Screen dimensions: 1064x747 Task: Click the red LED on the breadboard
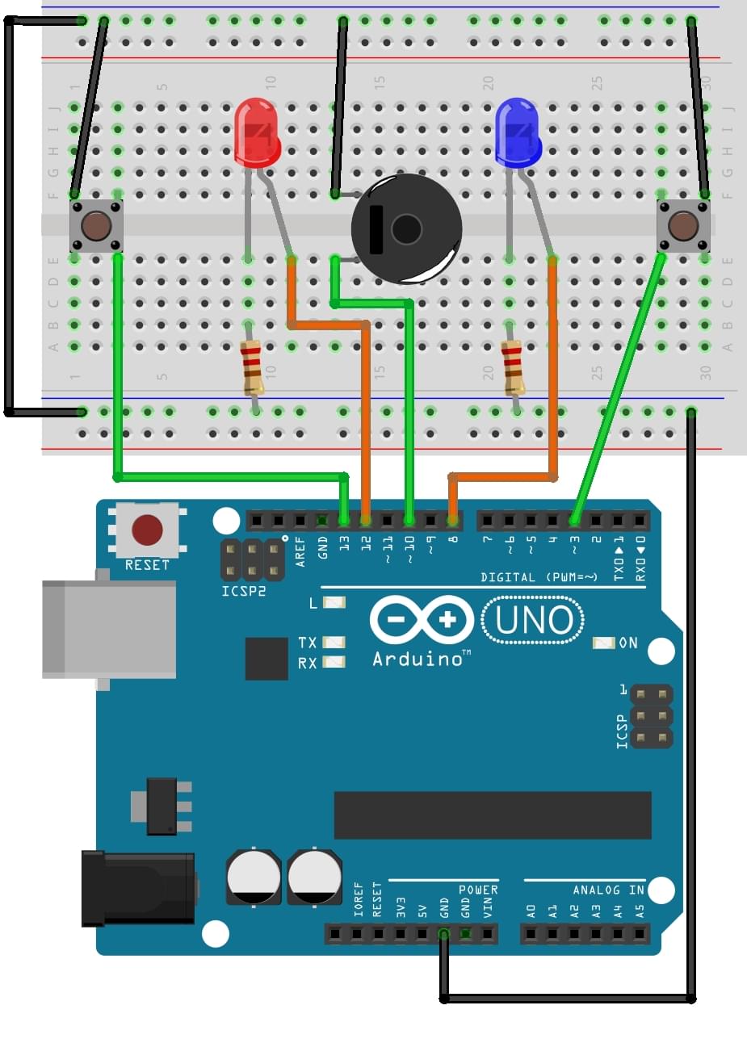[257, 132]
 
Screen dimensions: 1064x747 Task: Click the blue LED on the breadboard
[517, 132]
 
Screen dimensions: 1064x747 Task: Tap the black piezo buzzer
[406, 229]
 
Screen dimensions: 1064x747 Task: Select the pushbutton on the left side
[96, 226]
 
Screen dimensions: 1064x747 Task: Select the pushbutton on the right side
[683, 226]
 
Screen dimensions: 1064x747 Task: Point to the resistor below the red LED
[252, 367]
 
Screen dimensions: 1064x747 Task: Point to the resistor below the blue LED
[513, 367]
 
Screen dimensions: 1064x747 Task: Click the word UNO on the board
[533, 621]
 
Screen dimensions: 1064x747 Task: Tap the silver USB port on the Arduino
[109, 630]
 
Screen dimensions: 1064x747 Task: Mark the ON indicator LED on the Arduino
[604, 643]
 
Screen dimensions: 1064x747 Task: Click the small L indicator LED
[334, 603]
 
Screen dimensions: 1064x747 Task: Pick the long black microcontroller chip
[493, 815]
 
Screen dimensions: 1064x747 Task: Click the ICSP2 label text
[243, 592]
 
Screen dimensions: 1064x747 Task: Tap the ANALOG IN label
[608, 890]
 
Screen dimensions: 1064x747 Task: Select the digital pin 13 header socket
[344, 521]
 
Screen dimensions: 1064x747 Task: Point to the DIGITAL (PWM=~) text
[539, 577]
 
